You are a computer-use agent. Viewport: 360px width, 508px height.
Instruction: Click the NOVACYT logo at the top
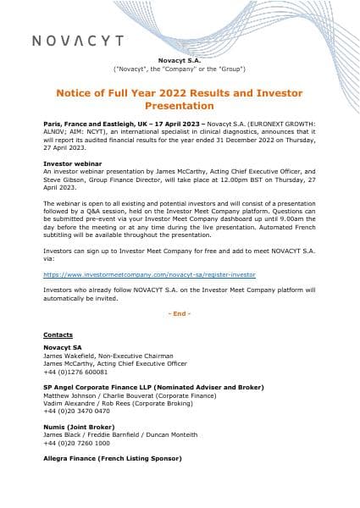(77, 41)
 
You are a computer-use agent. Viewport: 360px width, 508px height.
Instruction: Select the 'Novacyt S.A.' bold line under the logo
(179, 59)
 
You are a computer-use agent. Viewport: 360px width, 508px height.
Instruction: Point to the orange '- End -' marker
(179, 312)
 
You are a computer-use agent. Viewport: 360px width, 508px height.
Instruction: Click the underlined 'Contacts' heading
(58, 334)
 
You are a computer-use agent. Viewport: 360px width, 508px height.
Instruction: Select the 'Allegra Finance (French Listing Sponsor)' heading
(112, 458)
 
